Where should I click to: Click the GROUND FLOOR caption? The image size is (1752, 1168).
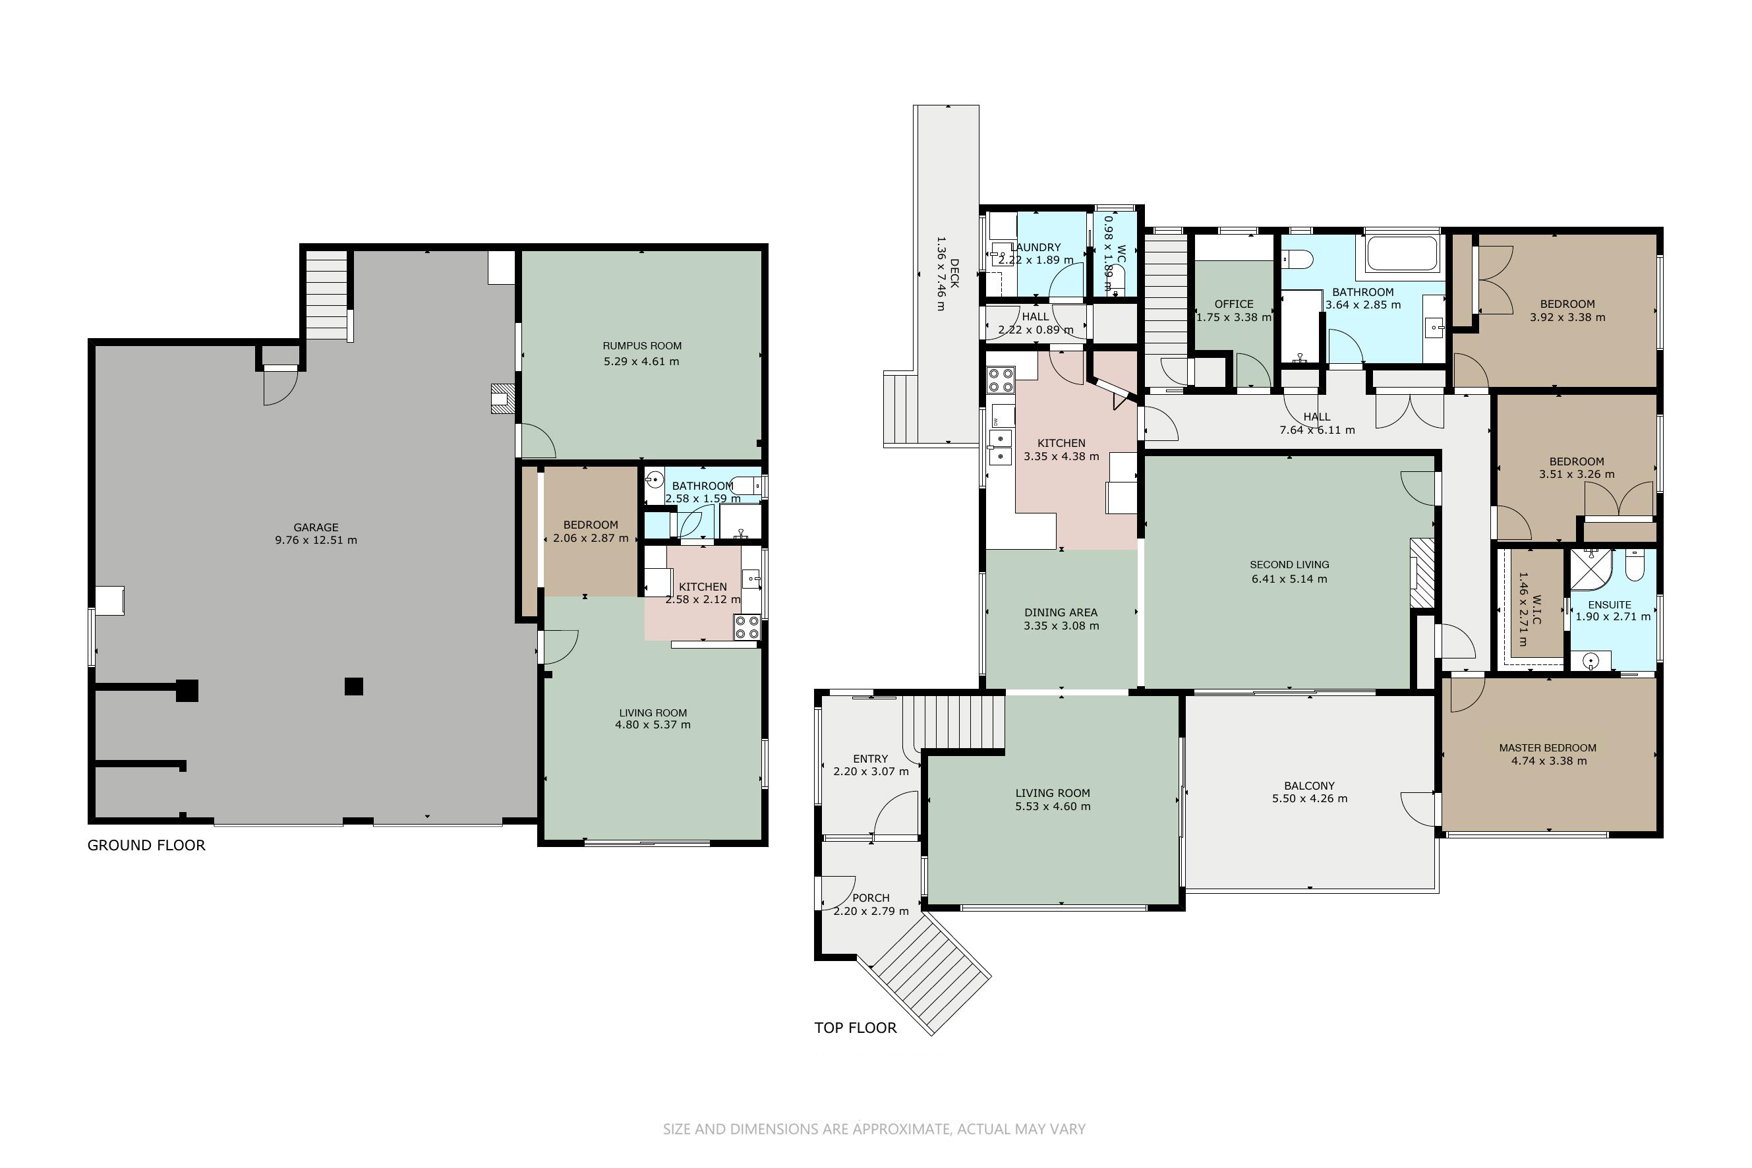pyautogui.click(x=146, y=845)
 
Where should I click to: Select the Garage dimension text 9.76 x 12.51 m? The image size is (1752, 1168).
pyautogui.click(x=316, y=540)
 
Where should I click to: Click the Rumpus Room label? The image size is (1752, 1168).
pyautogui.click(x=642, y=345)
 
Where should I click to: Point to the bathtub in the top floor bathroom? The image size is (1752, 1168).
pyautogui.click(x=1403, y=254)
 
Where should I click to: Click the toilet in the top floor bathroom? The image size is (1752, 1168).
pyautogui.click(x=1297, y=259)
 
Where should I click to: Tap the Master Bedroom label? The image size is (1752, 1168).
pyautogui.click(x=1548, y=748)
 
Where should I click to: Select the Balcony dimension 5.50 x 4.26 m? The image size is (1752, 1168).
pyautogui.click(x=1310, y=798)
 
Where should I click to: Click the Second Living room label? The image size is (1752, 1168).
pyautogui.click(x=1289, y=565)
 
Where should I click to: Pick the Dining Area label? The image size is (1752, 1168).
pyautogui.click(x=1061, y=612)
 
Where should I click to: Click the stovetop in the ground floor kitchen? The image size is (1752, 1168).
pyautogui.click(x=747, y=628)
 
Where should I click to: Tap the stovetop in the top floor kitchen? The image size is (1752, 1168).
pyautogui.click(x=1001, y=380)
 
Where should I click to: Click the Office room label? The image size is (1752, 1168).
pyautogui.click(x=1233, y=304)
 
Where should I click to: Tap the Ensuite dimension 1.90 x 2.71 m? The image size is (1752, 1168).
pyautogui.click(x=1613, y=617)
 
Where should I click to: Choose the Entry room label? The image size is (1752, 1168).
pyautogui.click(x=870, y=758)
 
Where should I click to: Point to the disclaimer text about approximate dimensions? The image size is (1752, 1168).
pyautogui.click(x=875, y=1129)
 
